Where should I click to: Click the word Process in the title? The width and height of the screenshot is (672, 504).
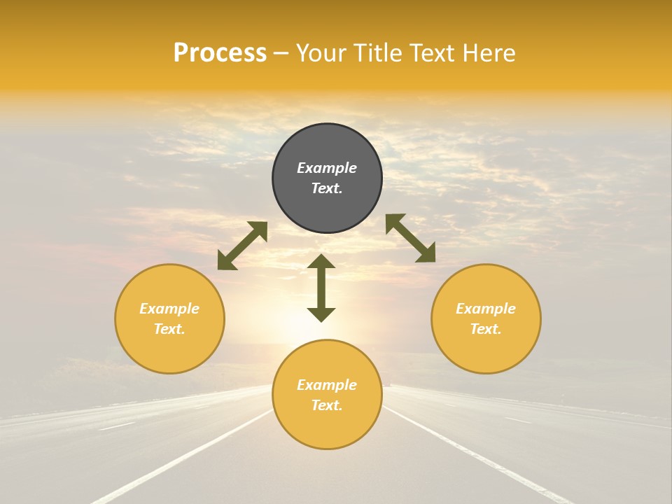[220, 53]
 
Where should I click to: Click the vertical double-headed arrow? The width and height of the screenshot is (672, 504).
[321, 288]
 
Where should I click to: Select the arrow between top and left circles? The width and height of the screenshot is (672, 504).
[242, 245]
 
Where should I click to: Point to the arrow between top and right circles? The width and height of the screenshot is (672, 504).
[410, 238]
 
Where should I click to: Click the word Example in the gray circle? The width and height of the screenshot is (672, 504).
[327, 168]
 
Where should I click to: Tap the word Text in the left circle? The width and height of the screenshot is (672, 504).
[169, 329]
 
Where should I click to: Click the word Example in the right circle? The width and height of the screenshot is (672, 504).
[486, 309]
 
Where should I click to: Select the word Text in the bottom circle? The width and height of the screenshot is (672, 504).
[327, 405]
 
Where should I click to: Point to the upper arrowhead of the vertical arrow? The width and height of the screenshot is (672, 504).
[321, 262]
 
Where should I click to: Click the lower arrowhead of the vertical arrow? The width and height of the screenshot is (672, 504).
[321, 314]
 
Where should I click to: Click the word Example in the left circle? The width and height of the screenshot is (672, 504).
[169, 309]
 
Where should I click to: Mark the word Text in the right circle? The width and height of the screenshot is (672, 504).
[486, 329]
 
